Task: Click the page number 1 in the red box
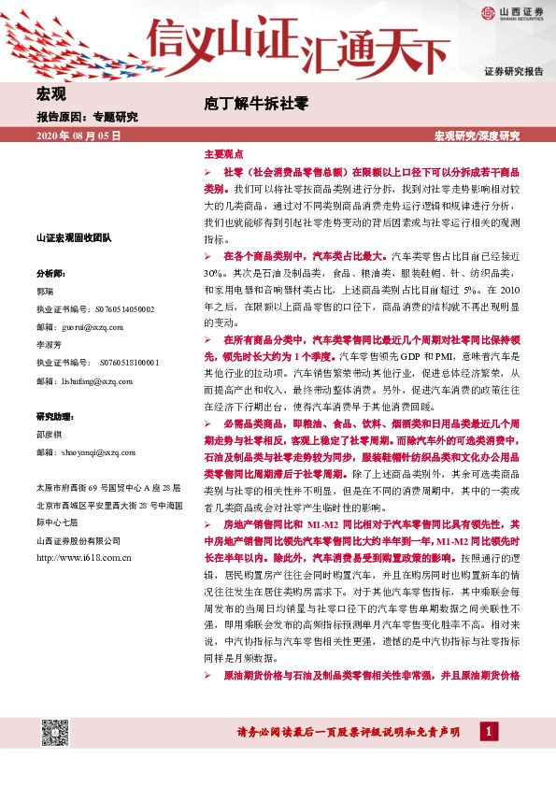488,732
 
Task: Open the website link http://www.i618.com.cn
82,558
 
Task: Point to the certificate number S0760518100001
112,363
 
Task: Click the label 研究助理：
55,416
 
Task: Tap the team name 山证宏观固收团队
73,238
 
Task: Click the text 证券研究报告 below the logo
513,72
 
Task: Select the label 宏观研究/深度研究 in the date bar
477,136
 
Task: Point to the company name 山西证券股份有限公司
78,540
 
